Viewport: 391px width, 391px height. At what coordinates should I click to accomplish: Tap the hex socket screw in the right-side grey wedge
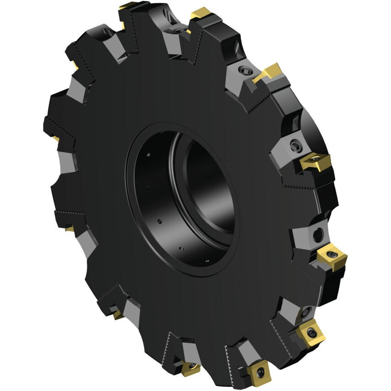click(294, 145)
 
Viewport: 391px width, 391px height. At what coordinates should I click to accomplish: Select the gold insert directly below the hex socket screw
click(315, 162)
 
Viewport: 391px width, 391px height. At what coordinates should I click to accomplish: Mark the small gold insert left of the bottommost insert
click(190, 367)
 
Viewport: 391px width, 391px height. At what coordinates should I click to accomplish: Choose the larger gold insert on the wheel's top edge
click(200, 14)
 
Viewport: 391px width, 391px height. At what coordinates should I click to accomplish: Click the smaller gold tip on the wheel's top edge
click(127, 7)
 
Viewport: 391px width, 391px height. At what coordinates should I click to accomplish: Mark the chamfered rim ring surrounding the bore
click(137, 201)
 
